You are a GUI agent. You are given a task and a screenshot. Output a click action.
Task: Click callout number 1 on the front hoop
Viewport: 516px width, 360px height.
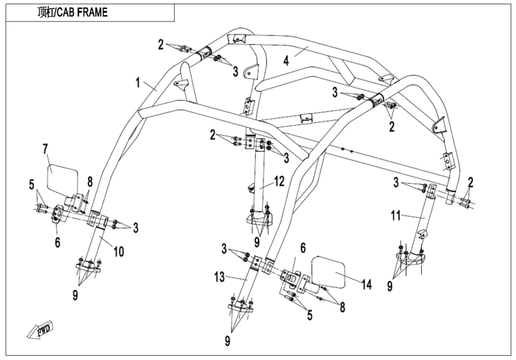pyautogui.click(x=139, y=82)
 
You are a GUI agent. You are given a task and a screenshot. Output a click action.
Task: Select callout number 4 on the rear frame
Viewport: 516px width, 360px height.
pyautogui.click(x=287, y=60)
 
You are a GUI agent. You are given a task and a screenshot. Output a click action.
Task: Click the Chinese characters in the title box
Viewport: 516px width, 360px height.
pyautogui.click(x=45, y=12)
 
